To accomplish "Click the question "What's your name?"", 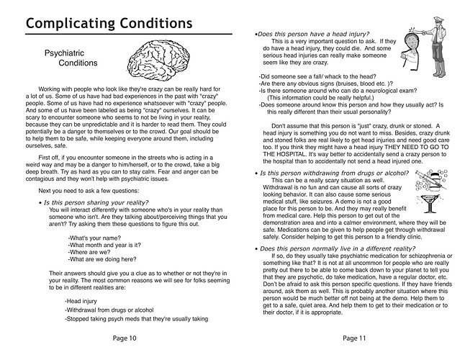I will tap(91, 238).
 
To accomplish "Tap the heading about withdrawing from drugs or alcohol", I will tap(328, 174).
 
